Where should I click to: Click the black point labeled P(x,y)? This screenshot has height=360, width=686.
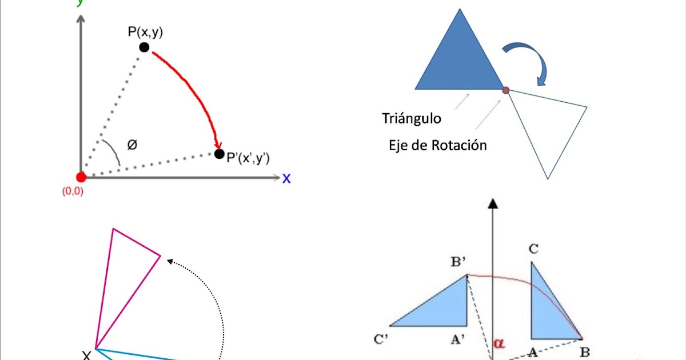tap(144, 47)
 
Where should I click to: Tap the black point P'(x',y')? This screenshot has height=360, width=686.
tap(219, 154)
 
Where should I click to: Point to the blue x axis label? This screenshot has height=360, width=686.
tap(286, 179)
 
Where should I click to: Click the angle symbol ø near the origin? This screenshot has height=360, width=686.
tap(132, 145)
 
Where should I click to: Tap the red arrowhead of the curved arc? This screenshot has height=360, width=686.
tap(217, 144)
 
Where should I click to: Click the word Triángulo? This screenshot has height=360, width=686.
tap(411, 119)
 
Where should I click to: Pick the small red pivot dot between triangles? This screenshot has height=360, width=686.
tap(505, 90)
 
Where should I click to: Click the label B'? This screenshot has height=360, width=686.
tap(458, 263)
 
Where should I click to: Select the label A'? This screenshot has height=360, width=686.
tap(457, 340)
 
